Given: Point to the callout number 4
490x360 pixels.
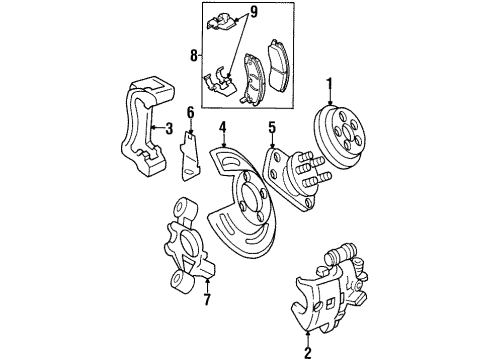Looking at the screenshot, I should tap(224, 127).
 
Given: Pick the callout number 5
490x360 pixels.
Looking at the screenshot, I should tap(270, 127).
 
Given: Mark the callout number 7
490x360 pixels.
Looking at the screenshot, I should tap(207, 299).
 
